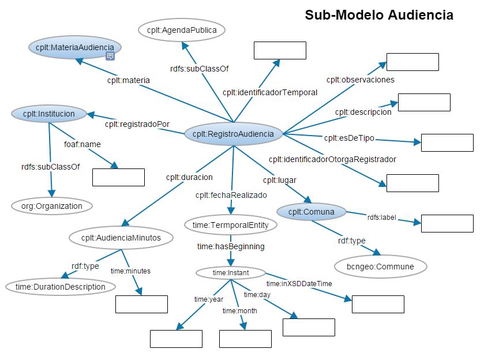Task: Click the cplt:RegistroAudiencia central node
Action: point(233,134)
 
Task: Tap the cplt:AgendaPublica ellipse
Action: point(182,29)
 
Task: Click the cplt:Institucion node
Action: point(48,114)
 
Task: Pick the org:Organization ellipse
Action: point(51,205)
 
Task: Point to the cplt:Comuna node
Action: point(311,212)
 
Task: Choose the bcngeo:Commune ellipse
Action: point(381,267)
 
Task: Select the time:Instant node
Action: point(230,272)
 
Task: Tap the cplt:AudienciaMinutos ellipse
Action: point(121,237)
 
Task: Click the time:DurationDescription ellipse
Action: point(60,286)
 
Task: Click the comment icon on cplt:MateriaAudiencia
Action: point(110,56)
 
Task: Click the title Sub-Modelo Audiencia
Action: point(379,16)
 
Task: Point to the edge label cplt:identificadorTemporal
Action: point(270,92)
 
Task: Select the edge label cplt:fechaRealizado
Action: point(231,195)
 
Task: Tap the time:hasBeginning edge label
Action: point(231,246)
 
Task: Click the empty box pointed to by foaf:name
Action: point(118,178)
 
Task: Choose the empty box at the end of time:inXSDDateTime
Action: point(378,304)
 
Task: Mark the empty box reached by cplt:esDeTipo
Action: point(447,142)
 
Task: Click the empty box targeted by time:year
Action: point(176,339)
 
